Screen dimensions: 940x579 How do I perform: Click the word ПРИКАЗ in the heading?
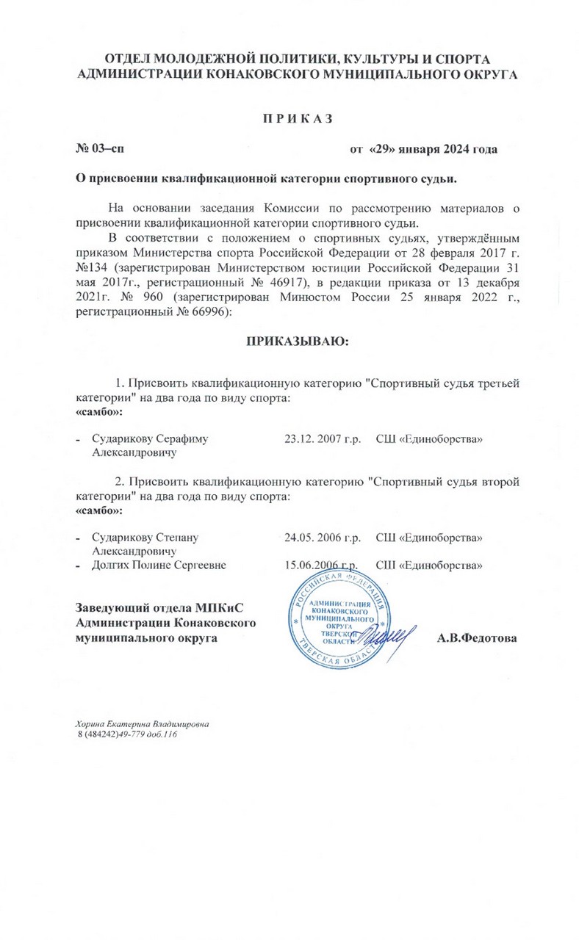289,118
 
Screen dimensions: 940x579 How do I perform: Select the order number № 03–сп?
101,149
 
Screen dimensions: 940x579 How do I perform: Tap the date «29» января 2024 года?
423,149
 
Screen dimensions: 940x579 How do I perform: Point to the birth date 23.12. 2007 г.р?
322,439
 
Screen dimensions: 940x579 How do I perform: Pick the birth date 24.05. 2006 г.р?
322,538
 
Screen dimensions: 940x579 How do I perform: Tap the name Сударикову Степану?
145,538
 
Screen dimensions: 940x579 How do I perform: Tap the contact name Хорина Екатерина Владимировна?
143,723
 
